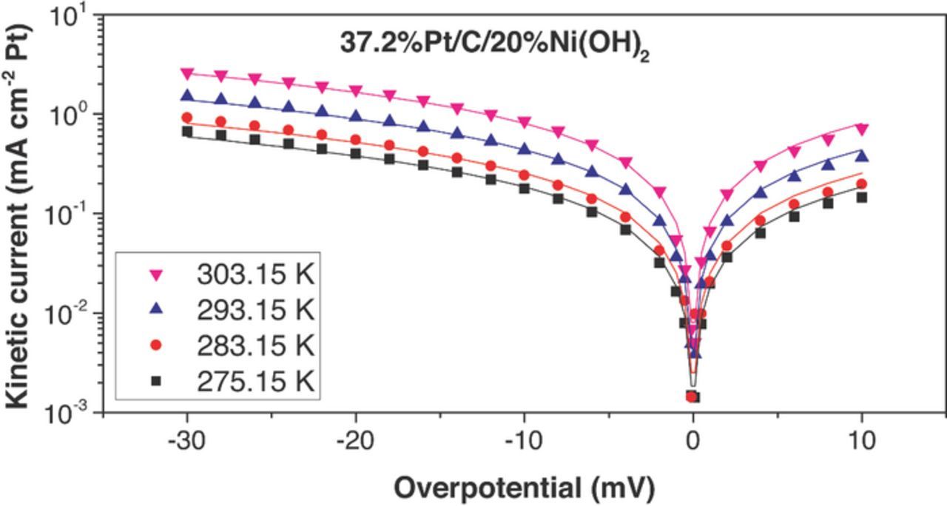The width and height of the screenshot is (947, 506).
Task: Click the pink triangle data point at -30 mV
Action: (x=187, y=74)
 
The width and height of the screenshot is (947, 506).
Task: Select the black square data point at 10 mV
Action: (x=861, y=198)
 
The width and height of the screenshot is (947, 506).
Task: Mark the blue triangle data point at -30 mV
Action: (x=187, y=95)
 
